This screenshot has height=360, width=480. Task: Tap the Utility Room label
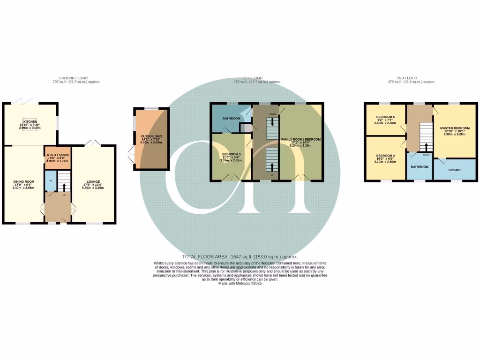pos(57,155)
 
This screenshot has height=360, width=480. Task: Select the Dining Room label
pos(23,181)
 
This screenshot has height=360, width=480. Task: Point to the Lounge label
pos(93,181)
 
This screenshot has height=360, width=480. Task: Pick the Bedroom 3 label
pos(231,154)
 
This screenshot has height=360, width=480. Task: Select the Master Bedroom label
pos(454,128)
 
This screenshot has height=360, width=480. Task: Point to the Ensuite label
pos(454,170)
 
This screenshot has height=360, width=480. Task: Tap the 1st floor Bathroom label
pos(231,119)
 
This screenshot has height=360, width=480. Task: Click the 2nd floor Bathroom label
pos(420,166)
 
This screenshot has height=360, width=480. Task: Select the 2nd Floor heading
pos(406,78)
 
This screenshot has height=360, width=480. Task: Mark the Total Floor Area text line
pos(240,257)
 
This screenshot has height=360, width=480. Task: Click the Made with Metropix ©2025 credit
pos(240,284)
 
